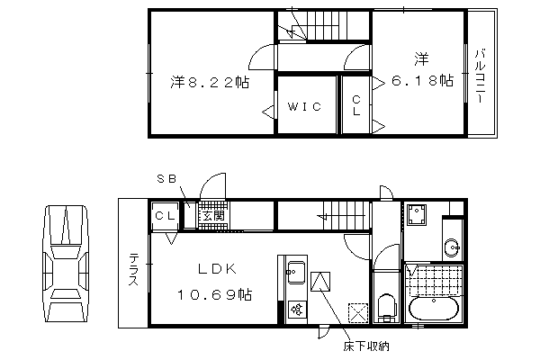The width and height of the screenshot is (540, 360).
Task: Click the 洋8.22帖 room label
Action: click(x=210, y=82)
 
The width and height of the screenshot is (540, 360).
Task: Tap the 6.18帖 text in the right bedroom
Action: click(x=422, y=81)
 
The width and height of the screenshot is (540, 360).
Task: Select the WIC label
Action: click(x=304, y=106)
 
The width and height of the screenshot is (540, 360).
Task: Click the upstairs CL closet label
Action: click(x=356, y=105)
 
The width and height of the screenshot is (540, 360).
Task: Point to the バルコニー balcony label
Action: click(x=480, y=76)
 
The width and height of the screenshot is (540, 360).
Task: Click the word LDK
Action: click(x=217, y=269)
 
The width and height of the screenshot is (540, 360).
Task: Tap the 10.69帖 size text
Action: click(x=214, y=294)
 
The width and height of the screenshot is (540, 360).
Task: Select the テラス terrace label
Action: click(x=133, y=269)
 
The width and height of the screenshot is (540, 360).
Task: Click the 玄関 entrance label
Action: click(x=213, y=216)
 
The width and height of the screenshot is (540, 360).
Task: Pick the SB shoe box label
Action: click(x=166, y=179)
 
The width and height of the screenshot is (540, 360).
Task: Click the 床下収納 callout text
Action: click(x=366, y=346)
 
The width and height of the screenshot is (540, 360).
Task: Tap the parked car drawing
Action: click(x=66, y=264)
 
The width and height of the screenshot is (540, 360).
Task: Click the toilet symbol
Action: click(x=386, y=308)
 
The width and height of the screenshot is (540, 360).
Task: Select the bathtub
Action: click(x=434, y=309)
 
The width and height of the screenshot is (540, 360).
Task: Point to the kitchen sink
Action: click(x=296, y=272)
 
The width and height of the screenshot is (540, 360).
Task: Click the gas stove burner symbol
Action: click(x=297, y=310)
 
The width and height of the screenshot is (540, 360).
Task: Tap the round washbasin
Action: click(x=451, y=247)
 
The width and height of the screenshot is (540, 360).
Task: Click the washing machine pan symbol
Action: click(x=417, y=214)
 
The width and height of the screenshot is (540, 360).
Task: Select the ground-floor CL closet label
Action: click(x=166, y=216)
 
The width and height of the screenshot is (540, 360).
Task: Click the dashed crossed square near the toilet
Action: click(x=358, y=313)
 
